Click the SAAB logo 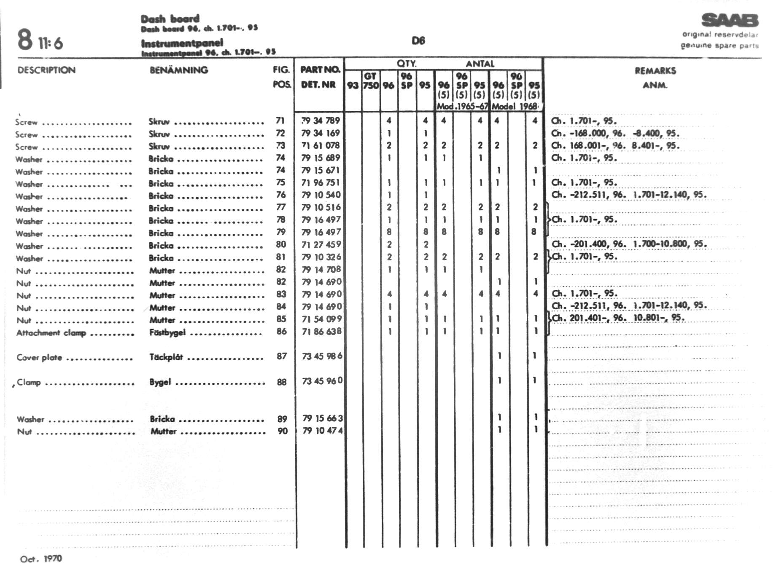pyautogui.click(x=730, y=20)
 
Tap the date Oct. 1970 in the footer pyautogui.click(x=41, y=559)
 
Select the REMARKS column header pyautogui.click(x=655, y=71)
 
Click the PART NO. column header pyautogui.click(x=320, y=70)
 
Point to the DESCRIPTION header pyautogui.click(x=46, y=70)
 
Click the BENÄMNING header pyautogui.click(x=179, y=70)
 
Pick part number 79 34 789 pyautogui.click(x=321, y=120)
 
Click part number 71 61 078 pyautogui.click(x=321, y=145)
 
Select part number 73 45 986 pyautogui.click(x=322, y=356)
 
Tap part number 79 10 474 pyautogui.click(x=323, y=431)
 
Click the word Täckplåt pyautogui.click(x=166, y=357)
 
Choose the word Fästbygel pyautogui.click(x=167, y=332)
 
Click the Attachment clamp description pyautogui.click(x=51, y=333)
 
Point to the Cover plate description pyautogui.click(x=39, y=358)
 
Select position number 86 pyautogui.click(x=281, y=332)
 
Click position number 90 pyautogui.click(x=283, y=431)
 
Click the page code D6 pyautogui.click(x=418, y=41)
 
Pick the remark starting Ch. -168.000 pyautogui.click(x=615, y=133)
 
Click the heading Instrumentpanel pyautogui.click(x=182, y=43)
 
